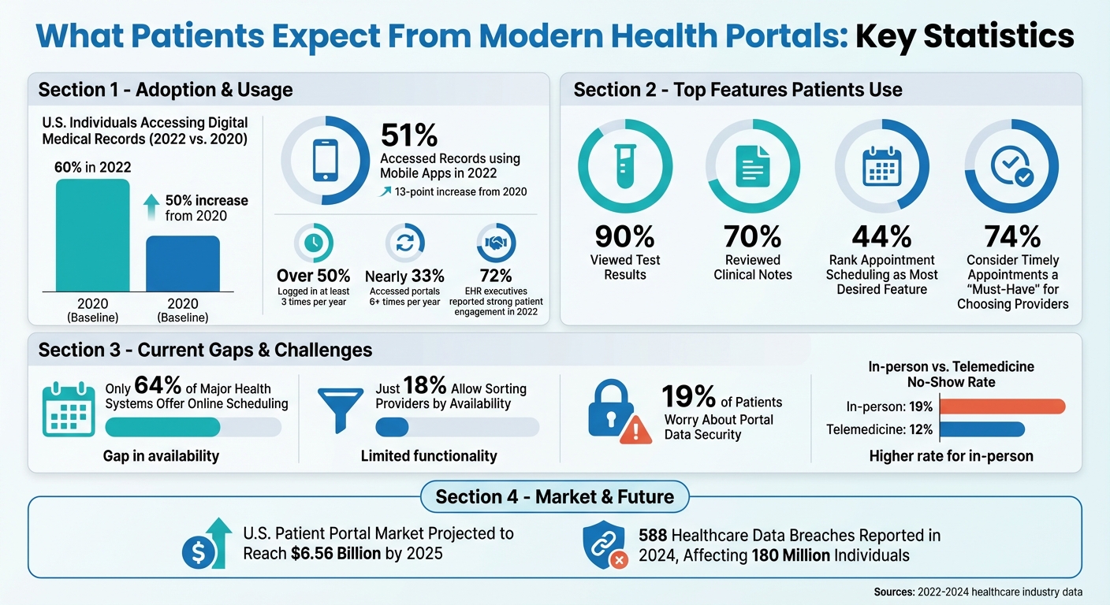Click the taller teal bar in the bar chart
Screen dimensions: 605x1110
pos(91,236)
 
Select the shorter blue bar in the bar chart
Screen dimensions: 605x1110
pos(183,264)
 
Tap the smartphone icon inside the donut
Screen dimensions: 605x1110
pos(325,161)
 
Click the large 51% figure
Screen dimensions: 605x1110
pos(409,135)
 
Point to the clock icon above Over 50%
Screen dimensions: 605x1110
pos(313,243)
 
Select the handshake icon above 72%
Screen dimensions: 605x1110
pos(496,243)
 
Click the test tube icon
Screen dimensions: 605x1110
pos(625,165)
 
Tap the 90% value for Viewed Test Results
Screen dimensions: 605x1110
pos(625,236)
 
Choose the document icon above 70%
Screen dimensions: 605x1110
pos(753,166)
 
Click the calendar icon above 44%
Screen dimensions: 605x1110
pos(881,166)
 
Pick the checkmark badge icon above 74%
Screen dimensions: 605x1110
pos(1011,166)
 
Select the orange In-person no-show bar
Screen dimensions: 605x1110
pos(1002,406)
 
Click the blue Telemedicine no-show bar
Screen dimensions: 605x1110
pos(981,429)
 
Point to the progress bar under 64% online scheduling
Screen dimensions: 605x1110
pos(192,427)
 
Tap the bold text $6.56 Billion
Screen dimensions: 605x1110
pos(334,553)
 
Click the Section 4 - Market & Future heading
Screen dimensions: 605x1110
pos(554,496)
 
